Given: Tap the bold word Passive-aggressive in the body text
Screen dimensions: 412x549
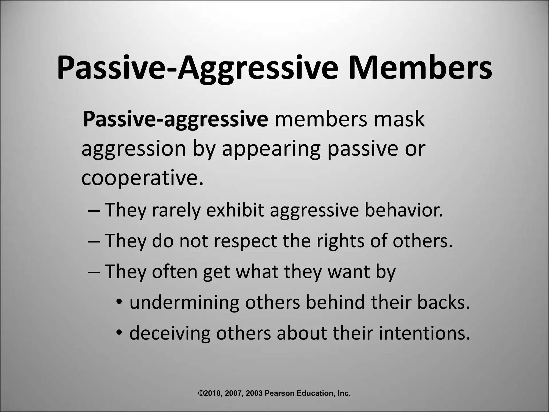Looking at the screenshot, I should click(x=176, y=119).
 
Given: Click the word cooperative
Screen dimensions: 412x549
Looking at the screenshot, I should click(x=142, y=178).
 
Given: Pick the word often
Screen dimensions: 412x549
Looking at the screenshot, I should click(x=175, y=271).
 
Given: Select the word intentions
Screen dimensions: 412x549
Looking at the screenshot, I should click(x=425, y=333).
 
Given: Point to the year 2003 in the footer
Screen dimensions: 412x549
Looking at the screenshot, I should click(x=254, y=393).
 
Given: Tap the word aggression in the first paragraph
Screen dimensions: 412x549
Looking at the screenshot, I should click(x=133, y=149).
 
